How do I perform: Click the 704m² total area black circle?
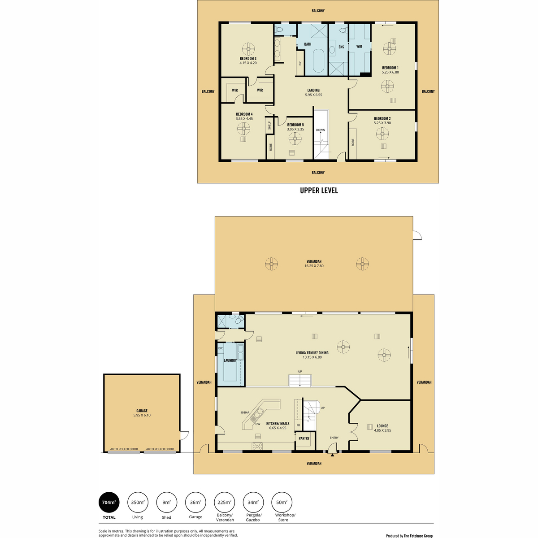point(109,503)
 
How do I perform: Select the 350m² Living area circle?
point(138,503)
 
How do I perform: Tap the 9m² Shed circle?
point(166,503)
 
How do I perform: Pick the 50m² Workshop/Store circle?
point(282,503)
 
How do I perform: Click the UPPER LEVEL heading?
point(319,191)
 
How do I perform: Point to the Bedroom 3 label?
point(248,59)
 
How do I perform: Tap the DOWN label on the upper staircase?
point(320,130)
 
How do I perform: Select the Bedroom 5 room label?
point(295,125)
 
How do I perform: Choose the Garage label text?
point(142,411)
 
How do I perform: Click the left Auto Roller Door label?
point(124,449)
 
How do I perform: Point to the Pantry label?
point(304,438)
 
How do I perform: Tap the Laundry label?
point(230,360)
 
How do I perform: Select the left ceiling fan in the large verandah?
point(271,264)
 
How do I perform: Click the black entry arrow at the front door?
point(332,456)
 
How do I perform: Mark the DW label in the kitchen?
point(258,424)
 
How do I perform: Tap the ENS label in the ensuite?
point(341,47)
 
